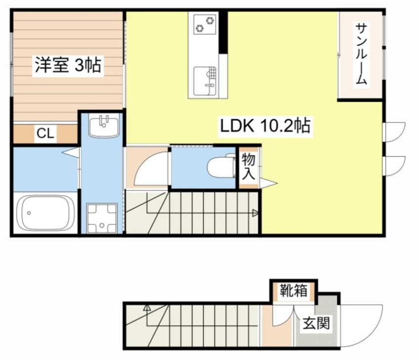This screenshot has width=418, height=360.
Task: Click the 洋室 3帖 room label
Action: tap(68, 65)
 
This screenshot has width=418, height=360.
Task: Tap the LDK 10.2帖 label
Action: tap(265, 127)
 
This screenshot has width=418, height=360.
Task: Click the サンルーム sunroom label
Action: tap(361, 54)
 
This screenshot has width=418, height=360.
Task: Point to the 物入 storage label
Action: tap(248, 166)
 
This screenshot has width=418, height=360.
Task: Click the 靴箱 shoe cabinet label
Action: tap(293, 290)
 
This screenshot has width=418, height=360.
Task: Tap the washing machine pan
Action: tap(102, 218)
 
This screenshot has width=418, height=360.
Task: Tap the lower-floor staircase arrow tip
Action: tap(147, 309)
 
